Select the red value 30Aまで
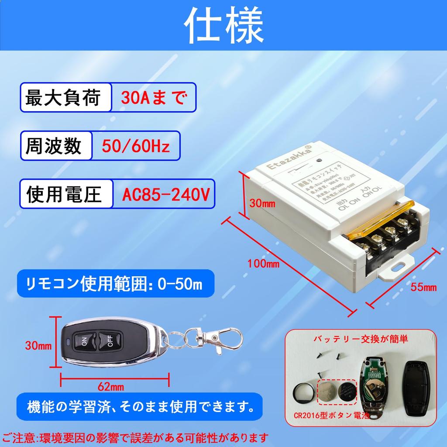154,98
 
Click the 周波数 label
55,146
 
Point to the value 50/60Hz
135,146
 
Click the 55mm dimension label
423,287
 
